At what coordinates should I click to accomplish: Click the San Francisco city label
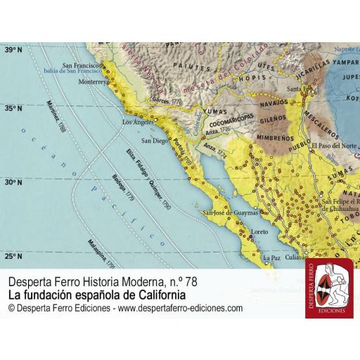(x=83, y=65)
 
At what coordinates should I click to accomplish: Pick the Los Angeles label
(x=139, y=122)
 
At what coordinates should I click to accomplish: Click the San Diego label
(x=155, y=141)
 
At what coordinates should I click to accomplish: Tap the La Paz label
(x=271, y=259)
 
